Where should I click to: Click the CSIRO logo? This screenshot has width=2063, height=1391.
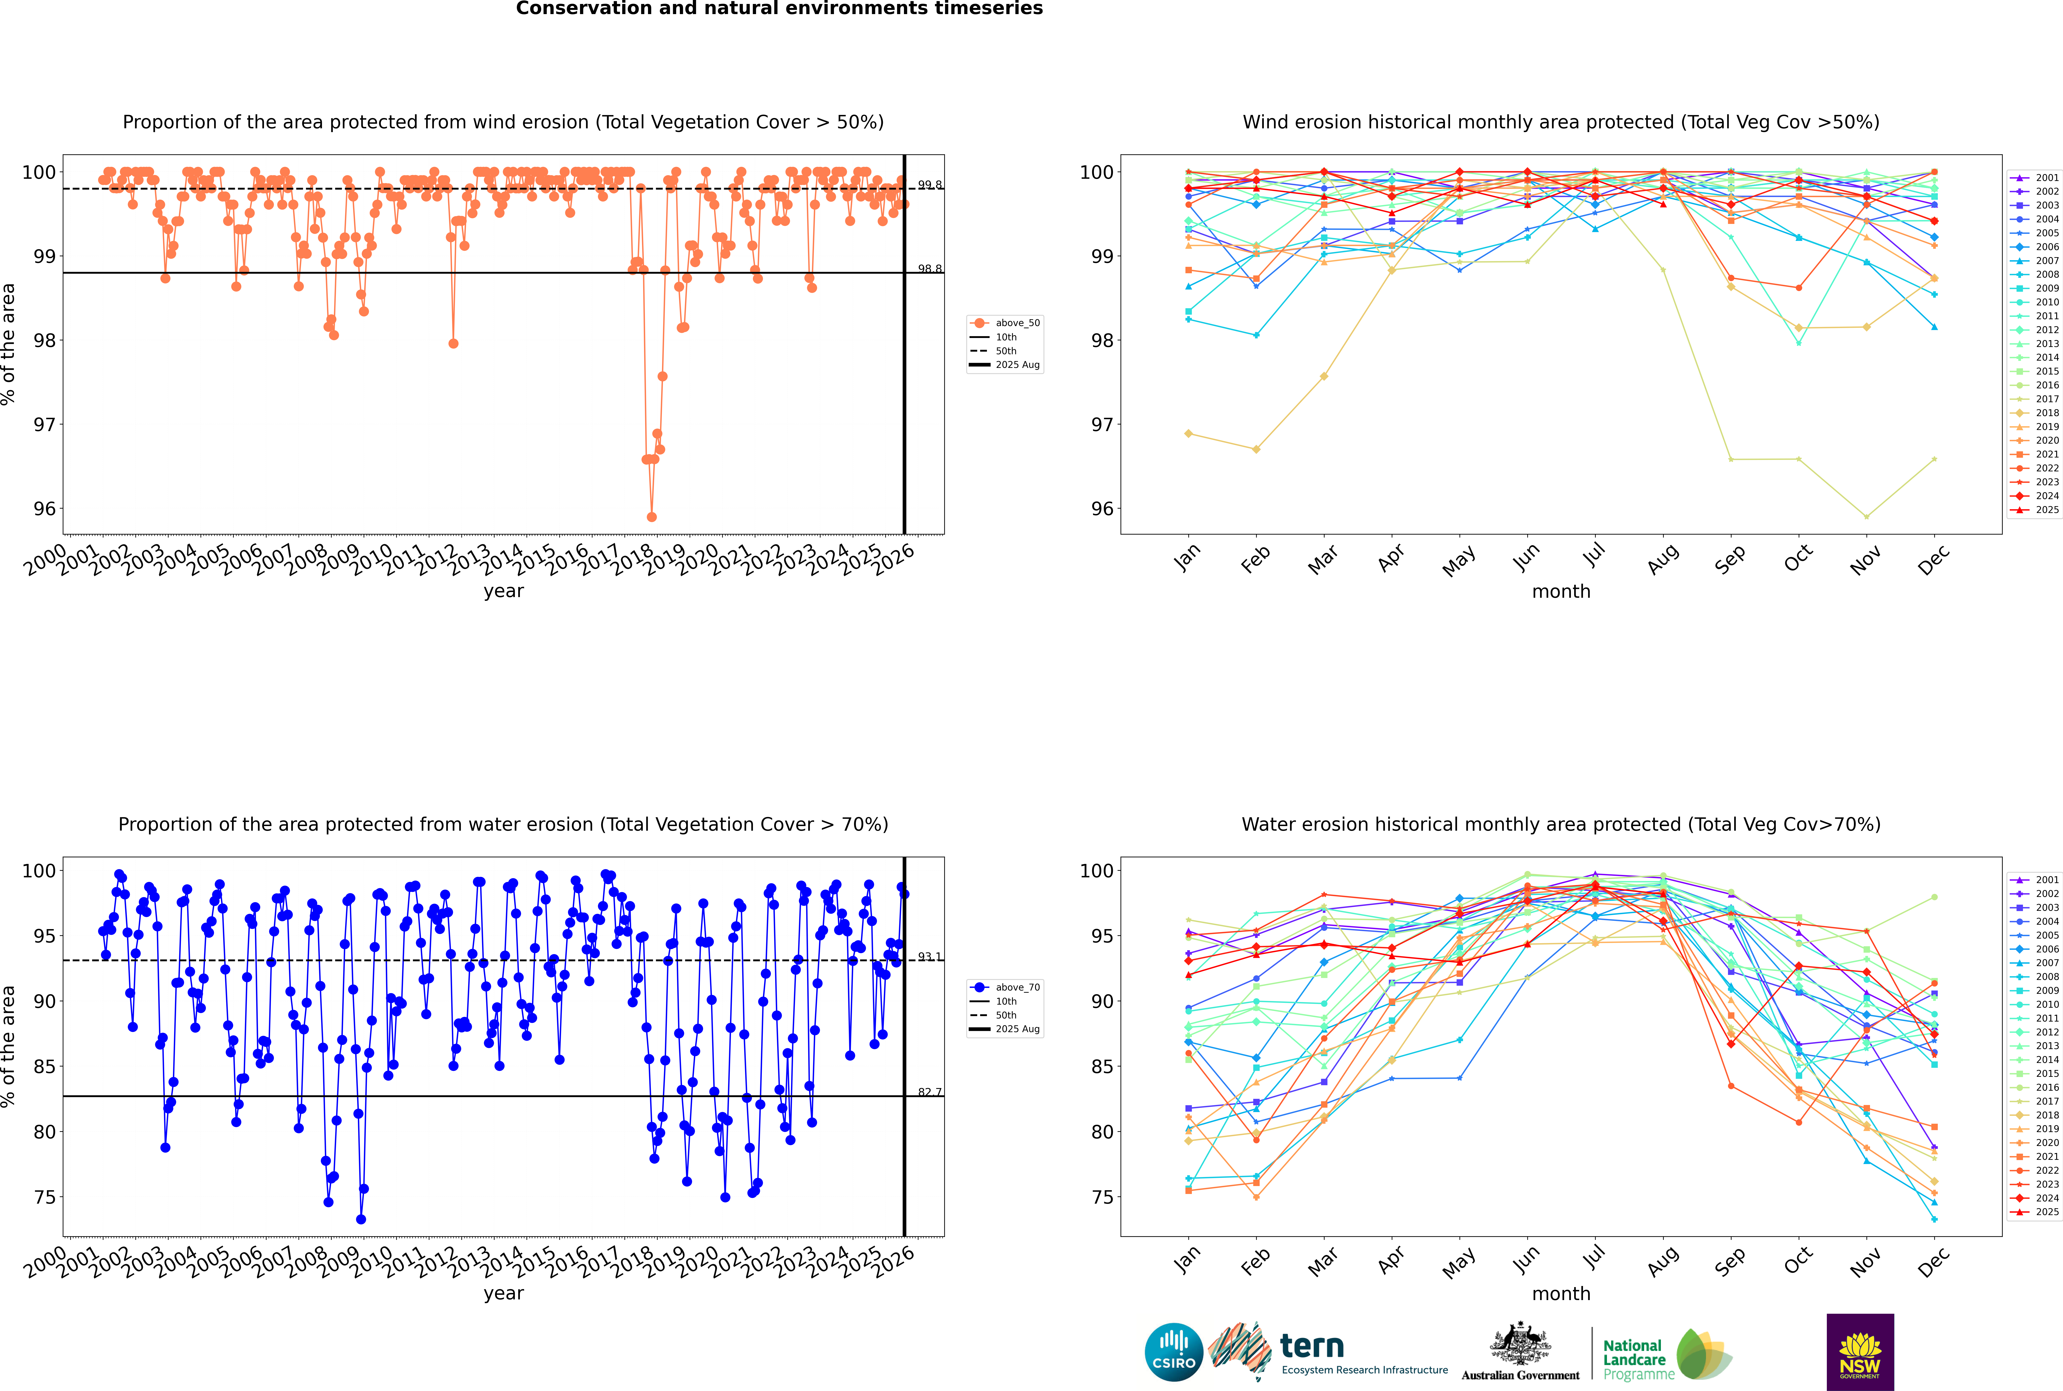click(1173, 1352)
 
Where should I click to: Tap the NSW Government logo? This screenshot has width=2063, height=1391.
click(1860, 1352)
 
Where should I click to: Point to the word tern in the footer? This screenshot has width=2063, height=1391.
click(1312, 1347)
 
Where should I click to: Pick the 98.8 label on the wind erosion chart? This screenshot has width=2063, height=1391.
click(929, 269)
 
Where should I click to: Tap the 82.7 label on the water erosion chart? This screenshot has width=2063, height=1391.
click(929, 1092)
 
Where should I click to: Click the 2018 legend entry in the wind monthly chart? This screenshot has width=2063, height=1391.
click(2046, 413)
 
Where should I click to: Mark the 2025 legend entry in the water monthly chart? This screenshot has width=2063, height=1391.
click(2046, 1212)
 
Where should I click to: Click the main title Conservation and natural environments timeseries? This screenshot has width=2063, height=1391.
click(779, 9)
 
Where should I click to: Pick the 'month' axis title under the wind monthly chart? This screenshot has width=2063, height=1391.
click(1561, 592)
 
